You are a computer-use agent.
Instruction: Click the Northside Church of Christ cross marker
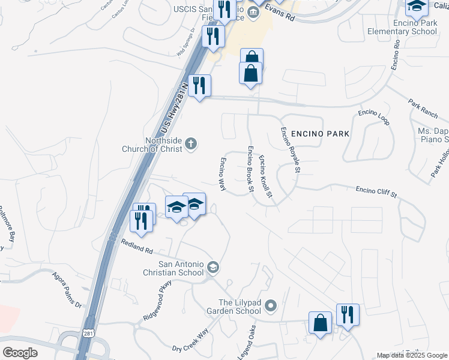pyautogui.click(x=191, y=143)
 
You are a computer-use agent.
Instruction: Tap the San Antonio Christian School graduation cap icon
pyautogui.click(x=212, y=266)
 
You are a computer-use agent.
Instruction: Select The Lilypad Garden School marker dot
pyautogui.click(x=270, y=307)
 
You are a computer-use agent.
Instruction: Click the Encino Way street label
pyautogui.click(x=222, y=175)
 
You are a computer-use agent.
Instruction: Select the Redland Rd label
pyautogui.click(x=137, y=246)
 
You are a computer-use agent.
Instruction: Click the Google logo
pyautogui.click(x=20, y=352)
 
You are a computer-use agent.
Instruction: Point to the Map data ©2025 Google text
pyautogui.click(x=412, y=355)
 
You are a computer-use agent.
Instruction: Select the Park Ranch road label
pyautogui.click(x=423, y=108)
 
